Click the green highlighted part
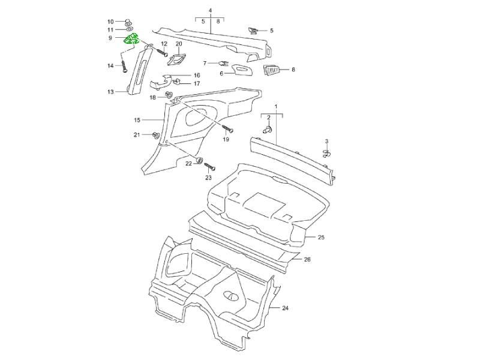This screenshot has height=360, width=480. click(132, 40)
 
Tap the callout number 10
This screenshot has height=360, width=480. click(110, 21)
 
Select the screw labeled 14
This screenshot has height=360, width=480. click(124, 65)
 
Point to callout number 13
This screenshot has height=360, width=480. click(110, 92)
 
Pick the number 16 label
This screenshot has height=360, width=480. click(196, 76)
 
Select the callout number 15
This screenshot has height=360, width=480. click(137, 120)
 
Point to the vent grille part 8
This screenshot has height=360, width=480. click(273, 70)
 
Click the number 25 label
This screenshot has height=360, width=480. click(320, 238)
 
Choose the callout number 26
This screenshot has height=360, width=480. click(307, 259)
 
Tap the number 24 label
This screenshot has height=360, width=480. click(285, 308)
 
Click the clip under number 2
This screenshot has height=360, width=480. click(268, 129)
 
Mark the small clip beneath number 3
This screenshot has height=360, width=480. click(327, 153)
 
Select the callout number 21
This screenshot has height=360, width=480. click(137, 135)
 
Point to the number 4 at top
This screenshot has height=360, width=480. click(210, 11)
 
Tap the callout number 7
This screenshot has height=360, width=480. click(205, 62)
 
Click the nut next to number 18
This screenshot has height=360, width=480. click(169, 95)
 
